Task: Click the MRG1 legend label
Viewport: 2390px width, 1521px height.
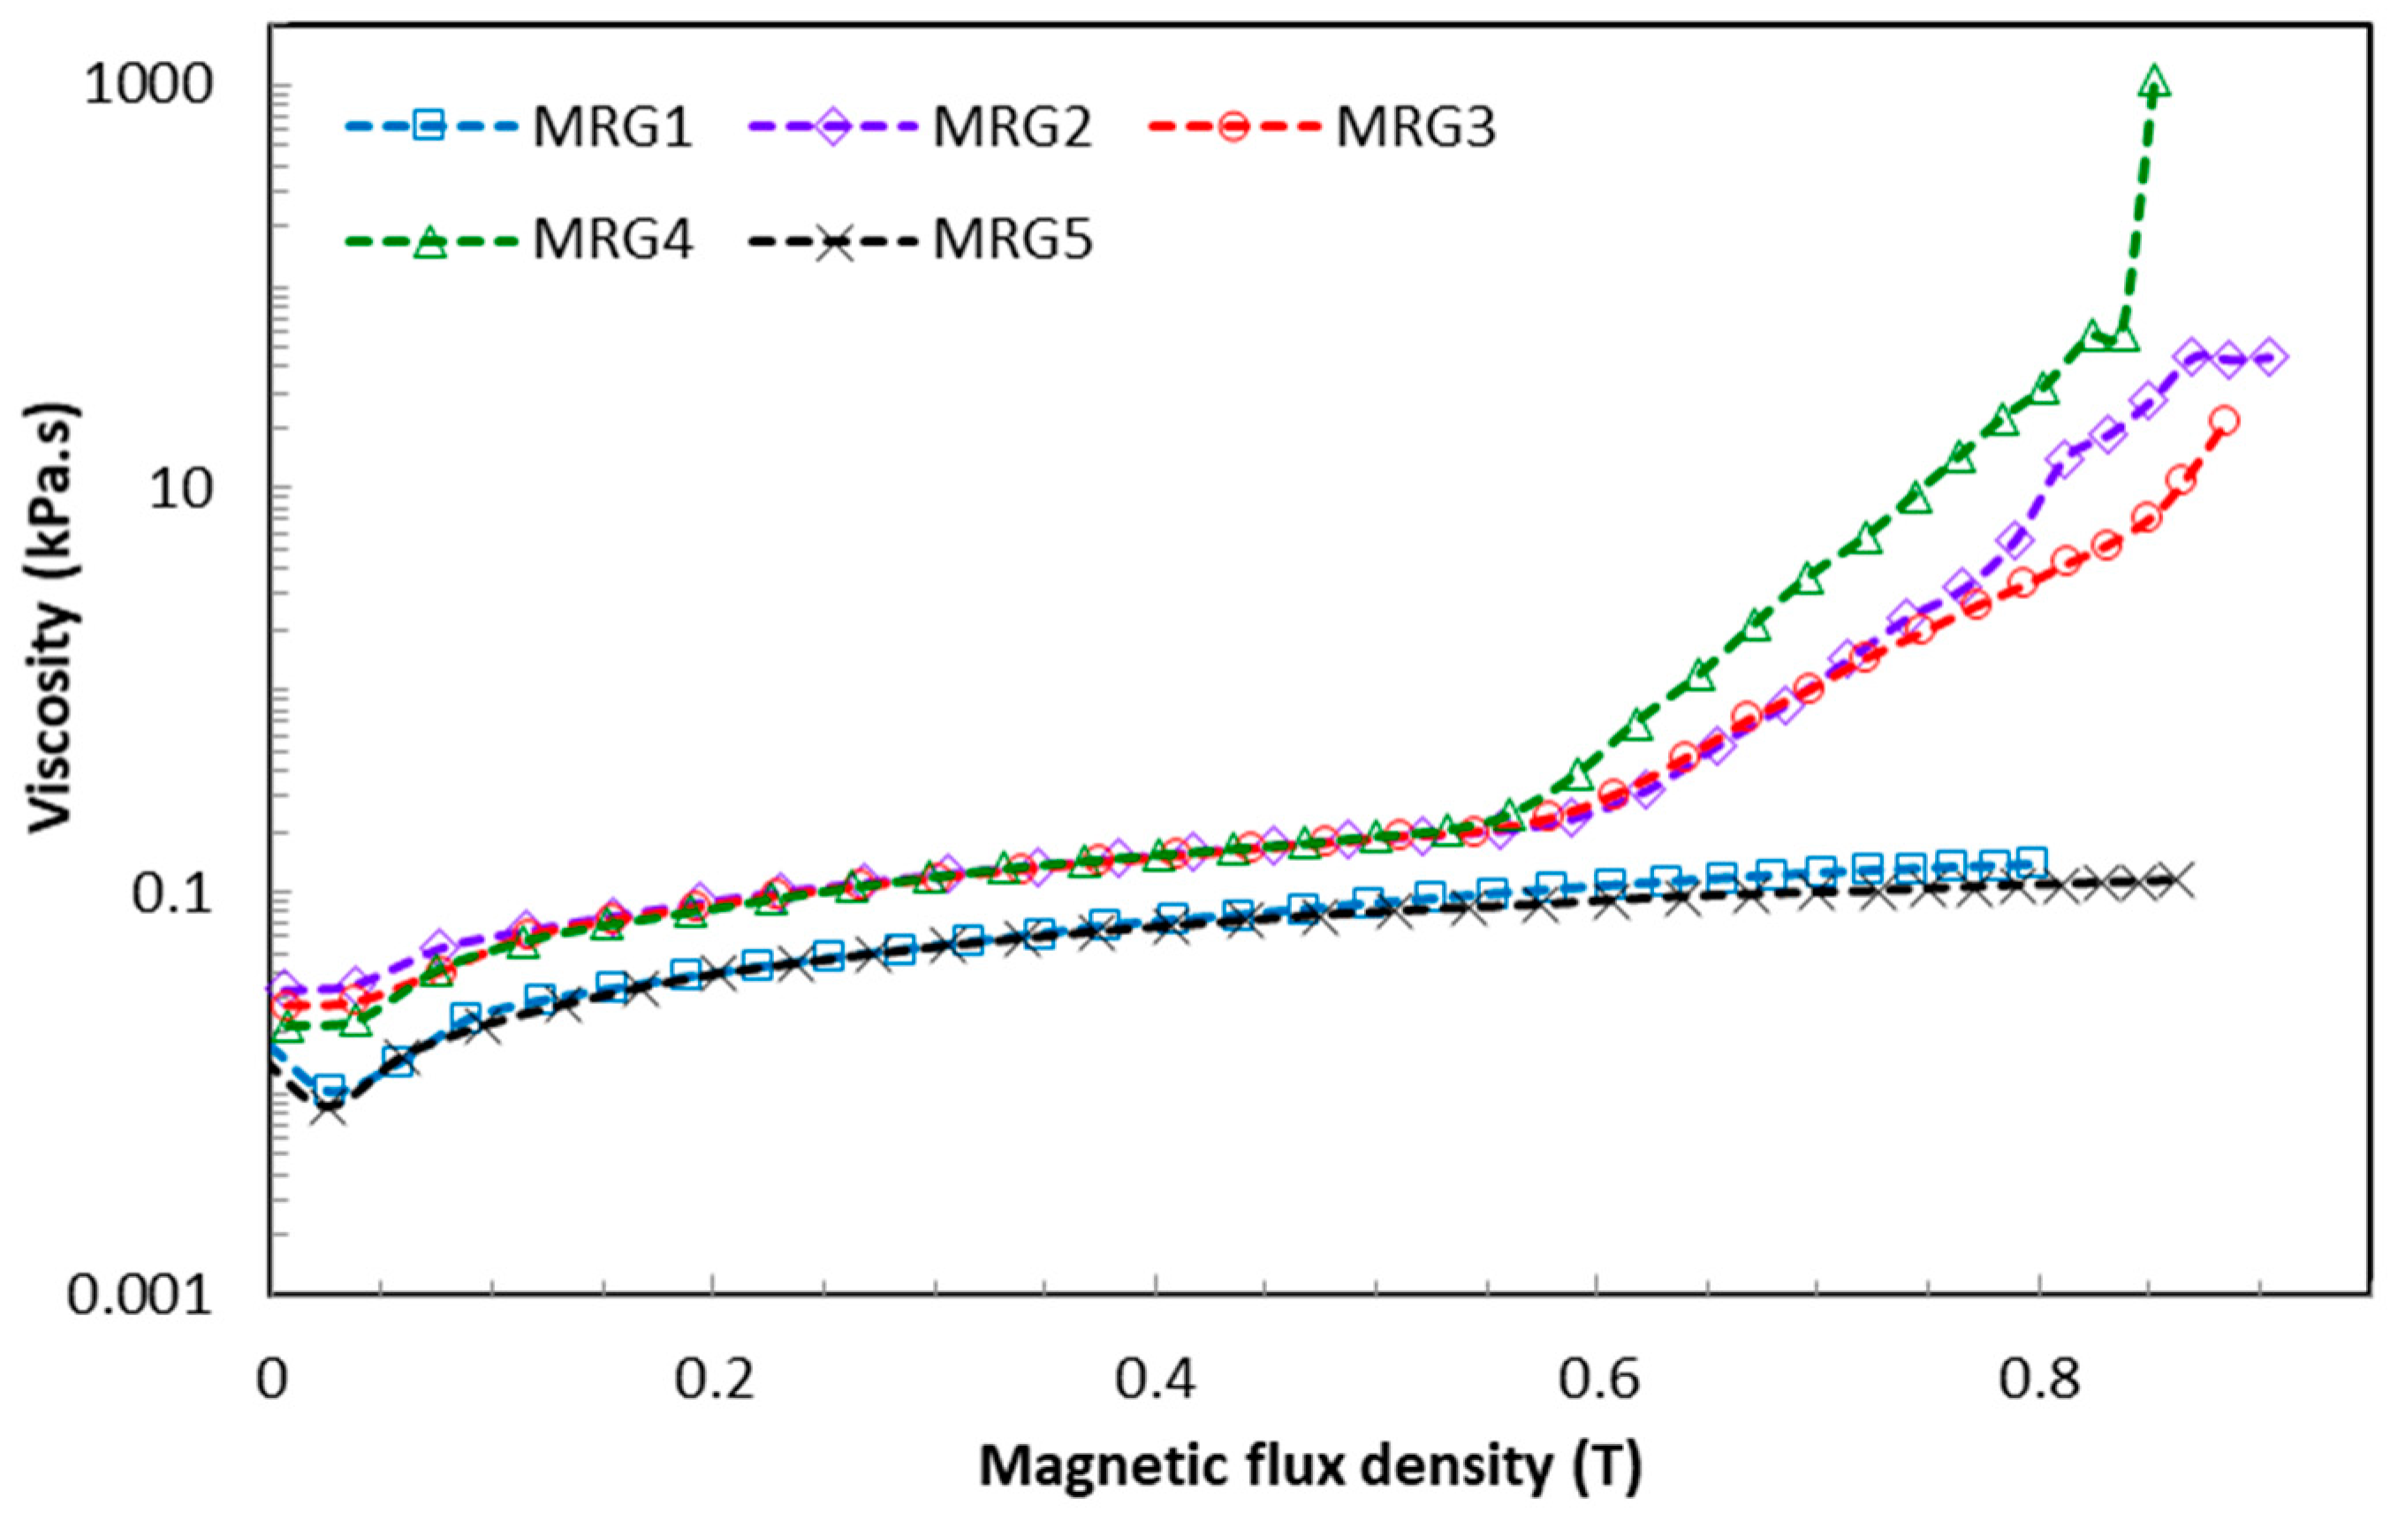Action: click(x=611, y=128)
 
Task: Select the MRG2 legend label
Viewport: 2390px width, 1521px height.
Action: click(x=1012, y=128)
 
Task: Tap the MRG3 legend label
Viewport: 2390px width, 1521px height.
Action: click(x=1415, y=128)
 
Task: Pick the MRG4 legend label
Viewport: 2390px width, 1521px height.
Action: click(x=611, y=241)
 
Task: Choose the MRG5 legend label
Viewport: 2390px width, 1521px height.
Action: click(x=1012, y=241)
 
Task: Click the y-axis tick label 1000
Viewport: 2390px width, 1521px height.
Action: click(x=149, y=87)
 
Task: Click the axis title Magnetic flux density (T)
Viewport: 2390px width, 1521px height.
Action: click(x=1310, y=1465)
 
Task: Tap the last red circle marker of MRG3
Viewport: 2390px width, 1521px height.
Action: click(x=2226, y=421)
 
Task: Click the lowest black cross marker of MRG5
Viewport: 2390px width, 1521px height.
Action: click(x=329, y=1108)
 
